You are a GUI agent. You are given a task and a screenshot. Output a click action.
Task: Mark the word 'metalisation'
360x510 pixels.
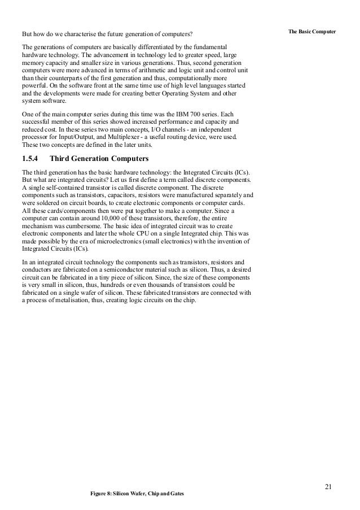point(72,300)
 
